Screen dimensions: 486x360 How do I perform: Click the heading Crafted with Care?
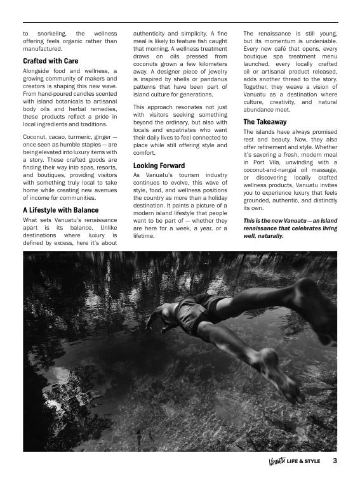pos(50,61)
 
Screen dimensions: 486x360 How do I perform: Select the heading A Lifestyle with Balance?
pos(60,210)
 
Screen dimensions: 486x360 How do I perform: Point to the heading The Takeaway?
pos(265,122)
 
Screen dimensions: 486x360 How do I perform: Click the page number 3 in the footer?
pos(335,461)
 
